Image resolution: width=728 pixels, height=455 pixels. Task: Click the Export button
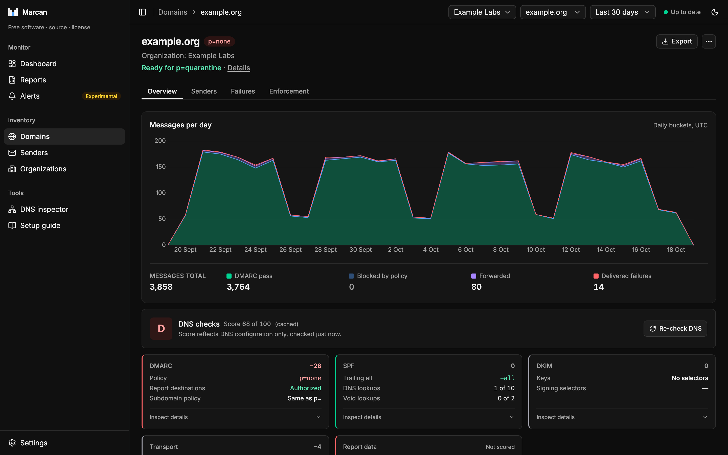pyautogui.click(x=676, y=41)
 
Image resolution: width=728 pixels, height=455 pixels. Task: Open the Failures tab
pyautogui.click(x=243, y=91)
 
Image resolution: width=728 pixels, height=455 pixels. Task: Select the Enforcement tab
pyautogui.click(x=289, y=91)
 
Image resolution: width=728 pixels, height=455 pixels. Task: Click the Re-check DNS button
pyautogui.click(x=675, y=329)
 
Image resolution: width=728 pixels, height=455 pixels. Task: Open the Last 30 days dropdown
pyautogui.click(x=622, y=12)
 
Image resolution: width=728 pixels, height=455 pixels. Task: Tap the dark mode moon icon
pyautogui.click(x=715, y=12)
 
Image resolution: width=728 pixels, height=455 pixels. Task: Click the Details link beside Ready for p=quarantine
pyautogui.click(x=239, y=68)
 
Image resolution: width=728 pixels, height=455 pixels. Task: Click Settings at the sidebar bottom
pyautogui.click(x=34, y=443)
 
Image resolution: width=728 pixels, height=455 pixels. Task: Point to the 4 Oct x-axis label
pyautogui.click(x=430, y=250)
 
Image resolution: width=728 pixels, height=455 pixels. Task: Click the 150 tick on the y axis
pyautogui.click(x=160, y=167)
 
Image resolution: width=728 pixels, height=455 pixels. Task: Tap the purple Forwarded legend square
pyautogui.click(x=473, y=276)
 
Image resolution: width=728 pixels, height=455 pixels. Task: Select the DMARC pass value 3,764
pyautogui.click(x=238, y=287)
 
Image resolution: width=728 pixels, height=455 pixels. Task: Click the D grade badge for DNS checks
pyautogui.click(x=161, y=329)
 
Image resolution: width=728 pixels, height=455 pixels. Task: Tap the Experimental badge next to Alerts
pyautogui.click(x=101, y=96)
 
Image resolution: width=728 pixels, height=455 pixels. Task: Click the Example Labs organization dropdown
pyautogui.click(x=482, y=12)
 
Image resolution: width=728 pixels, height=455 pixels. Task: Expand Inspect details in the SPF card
pyautogui.click(x=428, y=417)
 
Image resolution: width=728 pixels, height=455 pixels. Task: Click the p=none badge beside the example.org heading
pyautogui.click(x=219, y=41)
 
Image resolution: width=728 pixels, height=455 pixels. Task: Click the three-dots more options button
pyautogui.click(x=709, y=41)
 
